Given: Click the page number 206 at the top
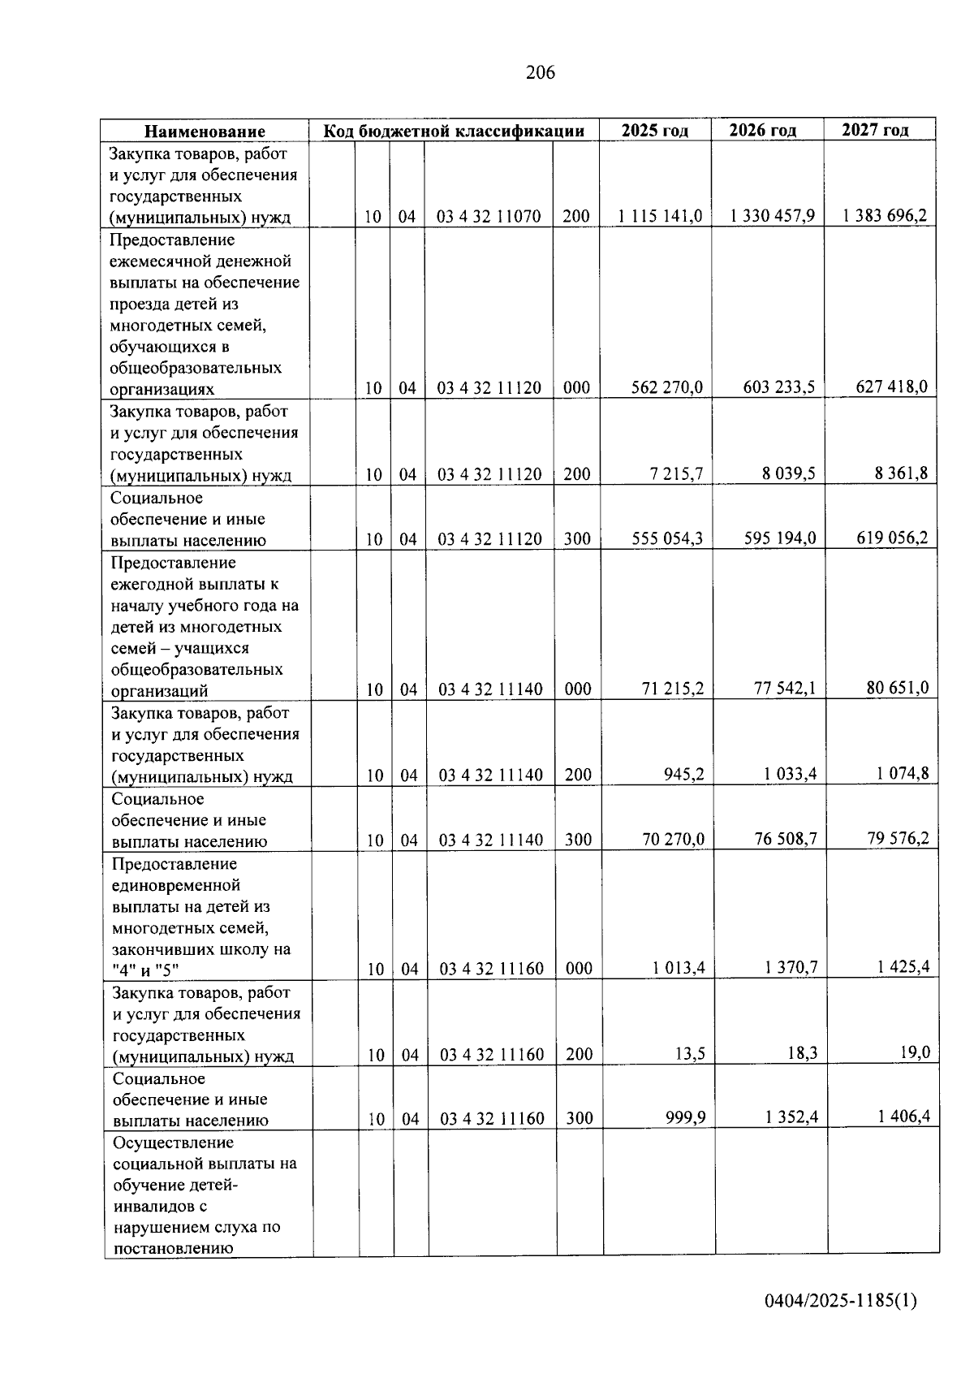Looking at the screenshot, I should click(540, 73).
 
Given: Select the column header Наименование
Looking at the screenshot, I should click(205, 131).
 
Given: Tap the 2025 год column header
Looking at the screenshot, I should click(655, 130).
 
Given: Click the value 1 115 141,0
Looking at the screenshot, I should click(659, 216).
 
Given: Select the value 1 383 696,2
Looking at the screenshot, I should click(884, 215).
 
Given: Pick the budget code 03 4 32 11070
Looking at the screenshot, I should click(489, 217).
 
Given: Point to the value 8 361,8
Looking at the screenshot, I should click(901, 473).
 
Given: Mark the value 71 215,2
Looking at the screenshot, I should click(673, 689).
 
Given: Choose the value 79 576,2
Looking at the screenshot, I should click(898, 838).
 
